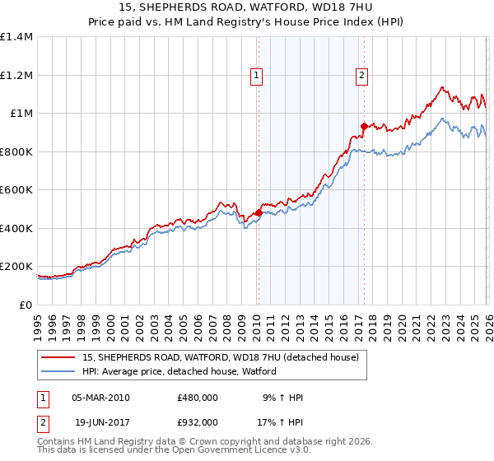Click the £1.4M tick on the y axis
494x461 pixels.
pyautogui.click(x=16, y=37)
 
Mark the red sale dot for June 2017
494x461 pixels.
pyautogui.click(x=364, y=126)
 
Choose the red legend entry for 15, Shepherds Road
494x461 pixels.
pyautogui.click(x=220, y=358)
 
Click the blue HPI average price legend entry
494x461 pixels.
pyautogui.click(x=179, y=372)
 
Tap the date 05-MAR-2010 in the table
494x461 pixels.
pyautogui.click(x=100, y=398)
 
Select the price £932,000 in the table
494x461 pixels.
pyautogui.click(x=198, y=421)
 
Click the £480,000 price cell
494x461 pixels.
pyautogui.click(x=198, y=398)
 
